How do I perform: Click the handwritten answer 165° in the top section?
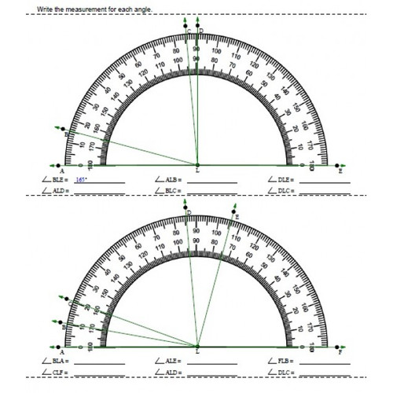coord(80,180)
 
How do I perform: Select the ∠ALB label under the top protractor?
coord(170,180)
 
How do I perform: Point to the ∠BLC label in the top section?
coord(170,191)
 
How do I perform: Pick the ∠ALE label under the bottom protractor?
coord(170,360)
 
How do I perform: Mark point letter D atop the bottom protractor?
coord(189,213)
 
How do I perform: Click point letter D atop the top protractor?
coord(201,31)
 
